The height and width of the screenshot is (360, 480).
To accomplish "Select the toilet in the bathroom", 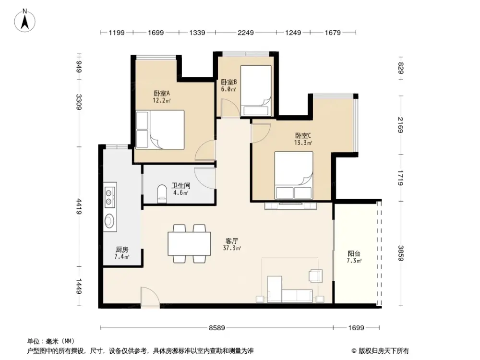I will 162,194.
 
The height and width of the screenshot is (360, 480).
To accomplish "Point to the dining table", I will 189,243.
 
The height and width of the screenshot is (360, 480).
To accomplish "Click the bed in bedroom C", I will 293,175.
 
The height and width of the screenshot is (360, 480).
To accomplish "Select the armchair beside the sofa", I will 315,276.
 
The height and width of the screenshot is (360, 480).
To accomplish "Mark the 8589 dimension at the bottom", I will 217,328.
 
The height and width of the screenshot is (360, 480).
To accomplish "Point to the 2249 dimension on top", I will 246,33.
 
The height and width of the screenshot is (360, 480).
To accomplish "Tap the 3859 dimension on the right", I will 400,253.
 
